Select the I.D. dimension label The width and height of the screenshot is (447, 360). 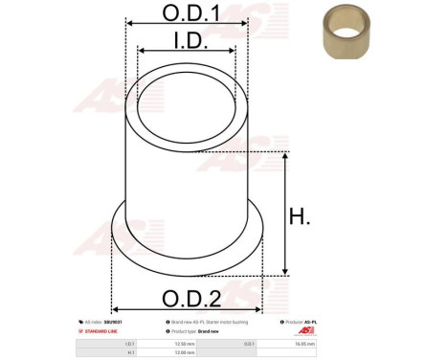tap(187, 39)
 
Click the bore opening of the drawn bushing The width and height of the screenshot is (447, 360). tap(187, 101)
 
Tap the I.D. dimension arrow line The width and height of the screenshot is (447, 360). tap(187, 53)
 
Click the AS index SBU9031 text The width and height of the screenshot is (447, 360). tap(101, 323)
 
